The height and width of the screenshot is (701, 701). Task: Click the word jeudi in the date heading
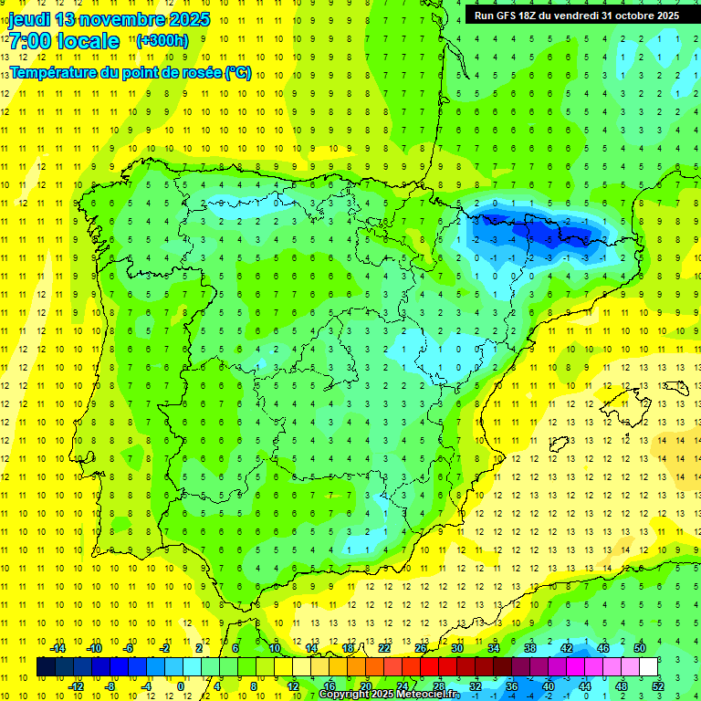[29, 19]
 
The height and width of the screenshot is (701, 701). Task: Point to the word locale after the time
[92, 41]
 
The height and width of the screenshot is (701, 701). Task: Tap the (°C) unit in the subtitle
[238, 73]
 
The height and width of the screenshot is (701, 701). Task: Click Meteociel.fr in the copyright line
[427, 695]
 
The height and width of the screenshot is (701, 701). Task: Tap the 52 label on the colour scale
[658, 685]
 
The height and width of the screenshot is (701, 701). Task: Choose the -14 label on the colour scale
[58, 648]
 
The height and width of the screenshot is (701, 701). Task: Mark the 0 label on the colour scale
[181, 685]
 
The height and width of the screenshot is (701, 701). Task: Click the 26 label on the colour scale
[421, 648]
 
